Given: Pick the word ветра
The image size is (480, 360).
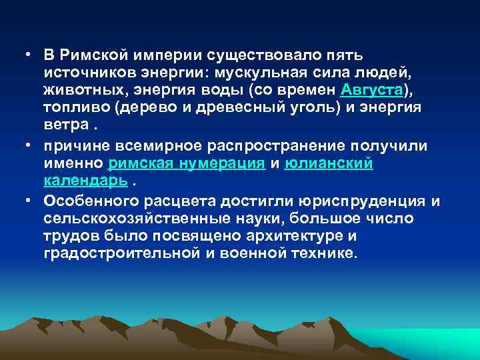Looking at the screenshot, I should pos(65,126).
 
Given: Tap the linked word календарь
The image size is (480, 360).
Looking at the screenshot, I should pos(86,181).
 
